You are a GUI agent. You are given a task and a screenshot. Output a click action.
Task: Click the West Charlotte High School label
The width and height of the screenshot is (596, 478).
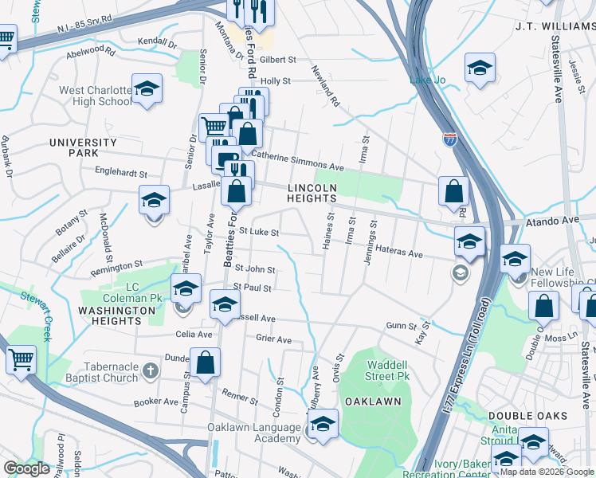[x=95, y=96]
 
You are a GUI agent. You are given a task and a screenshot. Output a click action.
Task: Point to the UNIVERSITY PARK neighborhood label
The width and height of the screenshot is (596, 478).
[x=84, y=147]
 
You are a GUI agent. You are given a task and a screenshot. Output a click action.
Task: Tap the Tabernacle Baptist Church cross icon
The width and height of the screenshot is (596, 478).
[x=151, y=370]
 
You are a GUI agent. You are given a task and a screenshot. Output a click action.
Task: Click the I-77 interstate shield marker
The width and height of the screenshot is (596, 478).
[x=450, y=140]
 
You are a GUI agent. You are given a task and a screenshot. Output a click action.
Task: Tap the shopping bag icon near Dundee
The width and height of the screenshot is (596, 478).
[x=206, y=362]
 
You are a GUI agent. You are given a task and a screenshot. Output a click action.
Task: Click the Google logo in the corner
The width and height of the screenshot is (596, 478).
[x=27, y=468]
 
